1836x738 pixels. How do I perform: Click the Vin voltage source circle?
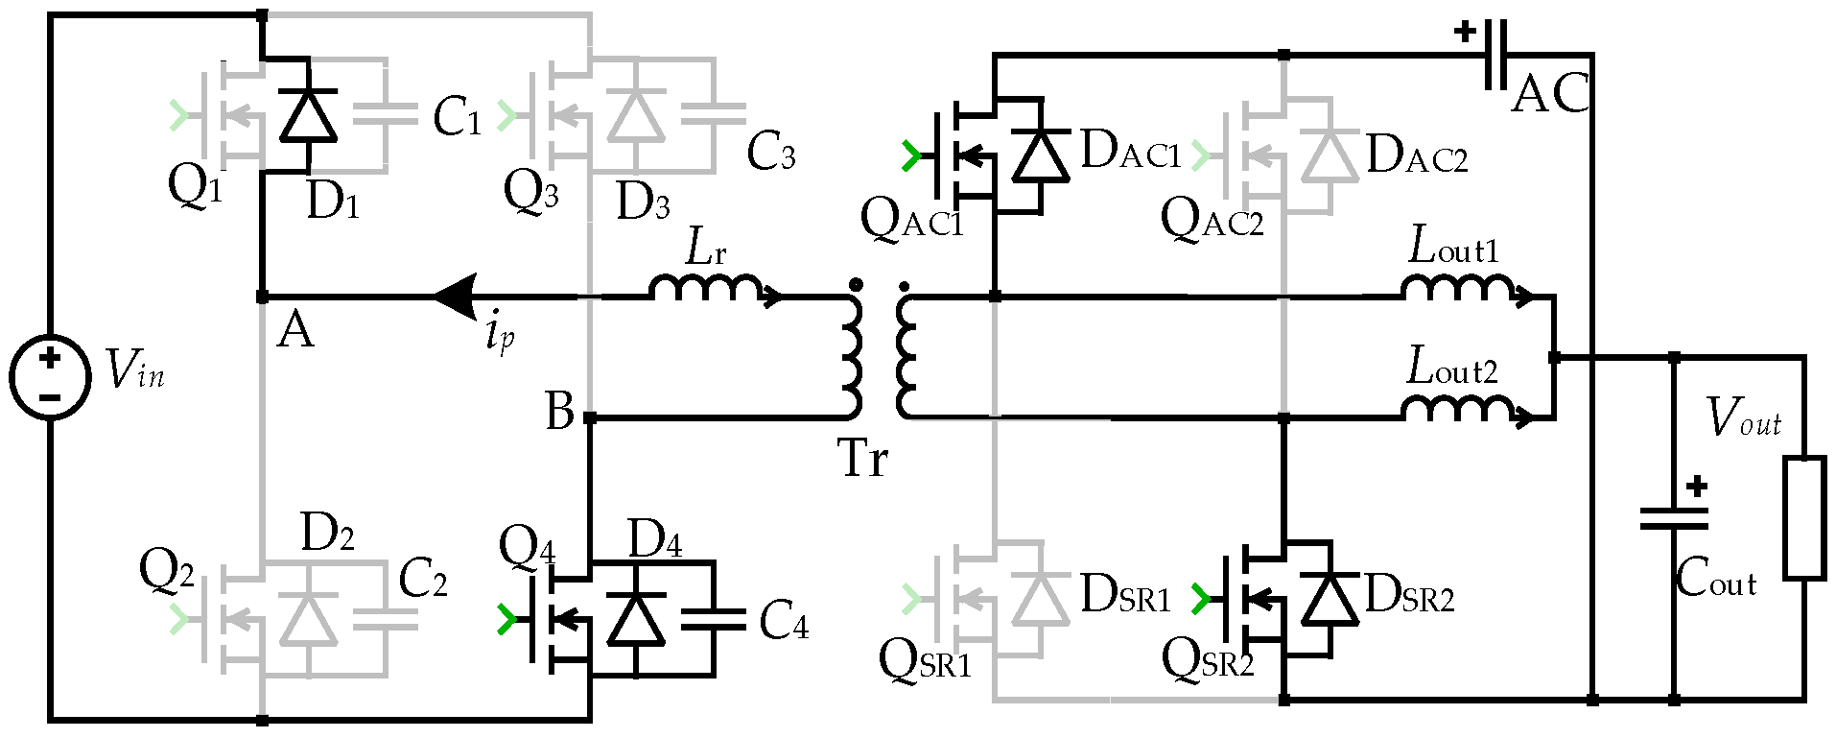pyautogui.click(x=50, y=376)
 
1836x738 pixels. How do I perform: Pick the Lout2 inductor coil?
pyautogui.click(x=1458, y=410)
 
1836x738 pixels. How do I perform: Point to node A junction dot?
pyautogui.click(x=262, y=298)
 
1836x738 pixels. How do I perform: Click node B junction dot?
pyautogui.click(x=590, y=417)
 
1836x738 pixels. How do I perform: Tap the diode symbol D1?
pyautogui.click(x=308, y=116)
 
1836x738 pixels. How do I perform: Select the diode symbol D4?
pyautogui.click(x=636, y=619)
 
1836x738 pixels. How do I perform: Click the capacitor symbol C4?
pyautogui.click(x=713, y=620)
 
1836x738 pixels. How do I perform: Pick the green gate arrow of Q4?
pyautogui.click(x=506, y=620)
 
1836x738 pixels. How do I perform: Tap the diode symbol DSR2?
pyautogui.click(x=1329, y=599)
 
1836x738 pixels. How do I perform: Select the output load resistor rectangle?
pyautogui.click(x=1803, y=519)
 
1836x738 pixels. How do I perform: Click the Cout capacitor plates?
pyautogui.click(x=1674, y=519)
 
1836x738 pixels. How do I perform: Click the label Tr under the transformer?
pyautogui.click(x=862, y=458)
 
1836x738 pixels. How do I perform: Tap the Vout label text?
pyautogui.click(x=1743, y=418)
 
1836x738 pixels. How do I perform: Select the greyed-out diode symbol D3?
pyautogui.click(x=636, y=116)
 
